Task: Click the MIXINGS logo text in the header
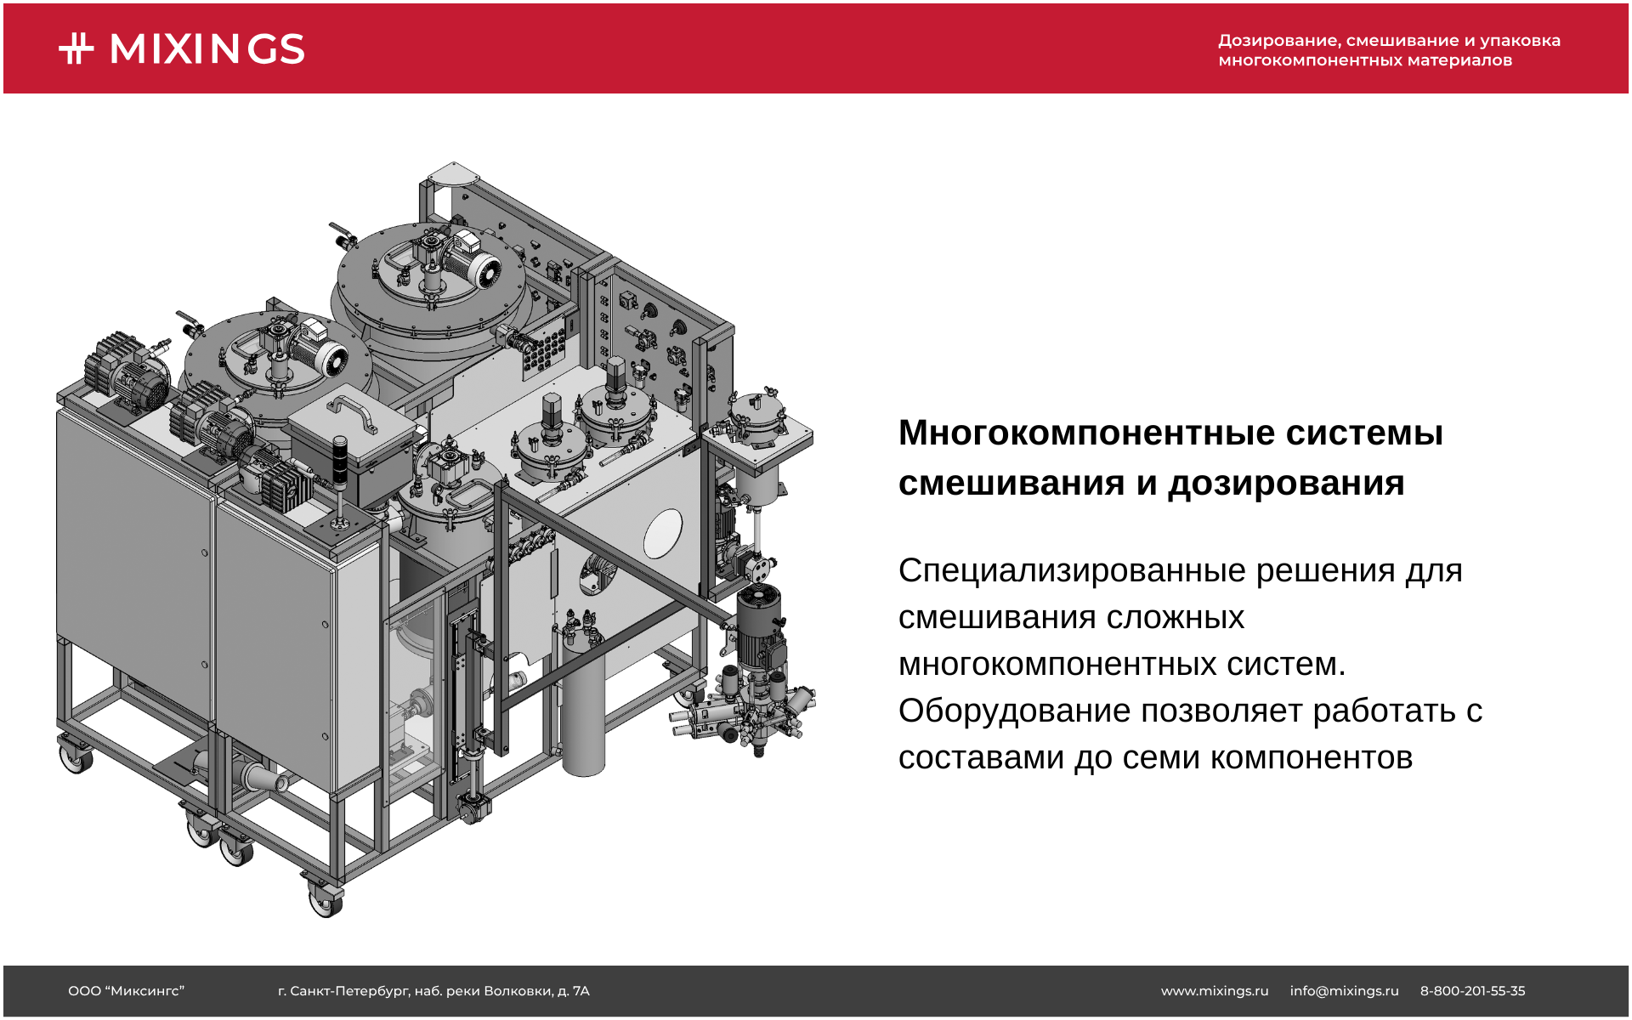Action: [207, 49]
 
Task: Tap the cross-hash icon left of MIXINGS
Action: [76, 48]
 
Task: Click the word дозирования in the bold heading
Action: [1285, 483]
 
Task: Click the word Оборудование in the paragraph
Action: [1013, 711]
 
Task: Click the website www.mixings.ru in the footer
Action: [1214, 991]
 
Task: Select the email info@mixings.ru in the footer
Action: [1343, 991]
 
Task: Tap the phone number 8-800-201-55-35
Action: [1472, 991]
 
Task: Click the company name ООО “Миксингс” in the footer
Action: [126, 991]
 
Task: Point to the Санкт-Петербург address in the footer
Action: [433, 991]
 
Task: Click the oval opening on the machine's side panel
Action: [662, 534]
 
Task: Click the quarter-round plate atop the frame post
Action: [452, 174]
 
